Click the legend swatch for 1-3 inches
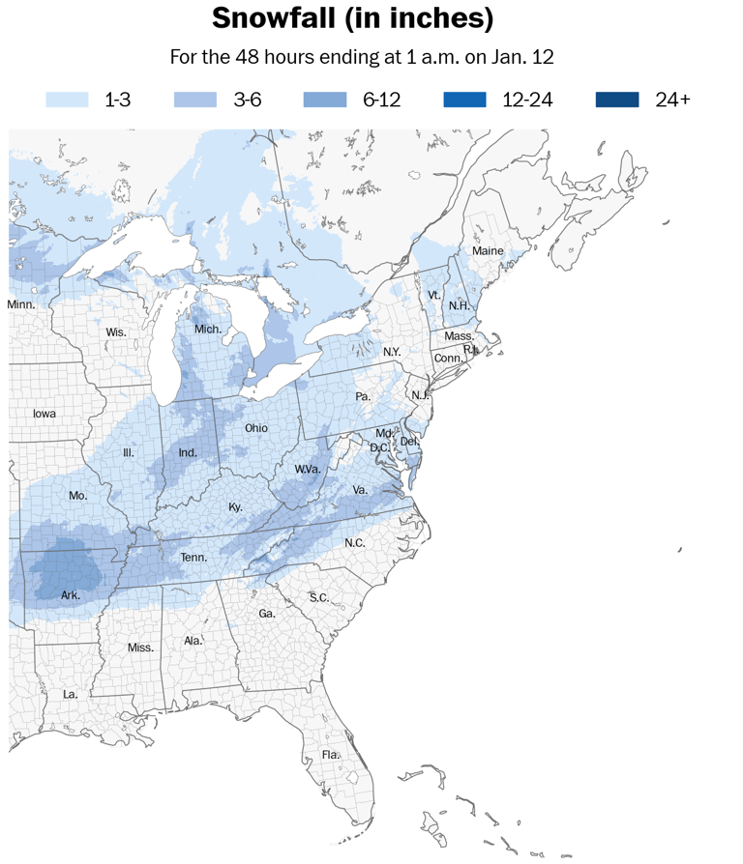click(x=67, y=100)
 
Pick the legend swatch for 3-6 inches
click(x=195, y=100)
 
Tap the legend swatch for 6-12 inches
click(x=325, y=100)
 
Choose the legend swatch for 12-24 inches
click(x=465, y=100)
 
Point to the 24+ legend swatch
click(x=617, y=100)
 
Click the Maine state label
click(x=488, y=251)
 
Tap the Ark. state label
click(x=71, y=595)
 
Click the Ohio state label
click(x=256, y=428)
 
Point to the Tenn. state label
click(x=194, y=558)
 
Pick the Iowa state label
click(x=45, y=414)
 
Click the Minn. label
click(x=21, y=304)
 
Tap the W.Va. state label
click(x=308, y=470)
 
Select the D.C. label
click(x=378, y=447)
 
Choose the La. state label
click(x=71, y=694)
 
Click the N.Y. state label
click(x=392, y=352)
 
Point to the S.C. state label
click(x=319, y=597)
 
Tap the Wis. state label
click(x=116, y=332)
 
